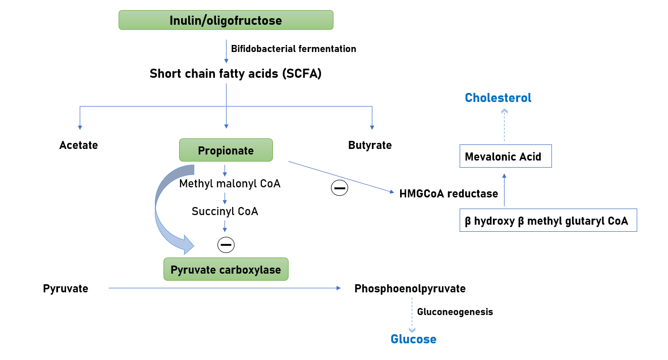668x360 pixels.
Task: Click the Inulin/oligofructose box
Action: point(226,20)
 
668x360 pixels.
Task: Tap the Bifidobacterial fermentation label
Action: point(293,49)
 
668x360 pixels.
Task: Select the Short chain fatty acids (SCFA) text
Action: point(236,74)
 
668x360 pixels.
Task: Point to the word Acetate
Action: point(78,145)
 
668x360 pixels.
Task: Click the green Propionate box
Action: point(226,150)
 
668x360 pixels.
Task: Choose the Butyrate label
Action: point(370,145)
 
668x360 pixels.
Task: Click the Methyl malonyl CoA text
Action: point(230,184)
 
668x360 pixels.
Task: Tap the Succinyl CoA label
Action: point(225,211)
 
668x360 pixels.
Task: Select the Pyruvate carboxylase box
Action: point(226,270)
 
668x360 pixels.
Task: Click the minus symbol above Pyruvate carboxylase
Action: point(226,245)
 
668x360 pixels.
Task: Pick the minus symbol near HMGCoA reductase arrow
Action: point(339,188)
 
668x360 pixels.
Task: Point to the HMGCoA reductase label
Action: point(449,193)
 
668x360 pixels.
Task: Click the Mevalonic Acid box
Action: point(505,157)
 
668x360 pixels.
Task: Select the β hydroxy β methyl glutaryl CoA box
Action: point(548,221)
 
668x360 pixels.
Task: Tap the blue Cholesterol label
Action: point(498,98)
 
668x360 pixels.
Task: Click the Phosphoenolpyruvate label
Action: point(410,289)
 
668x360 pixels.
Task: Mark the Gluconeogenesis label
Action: point(455,312)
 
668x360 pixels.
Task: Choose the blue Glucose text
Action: point(413,339)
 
